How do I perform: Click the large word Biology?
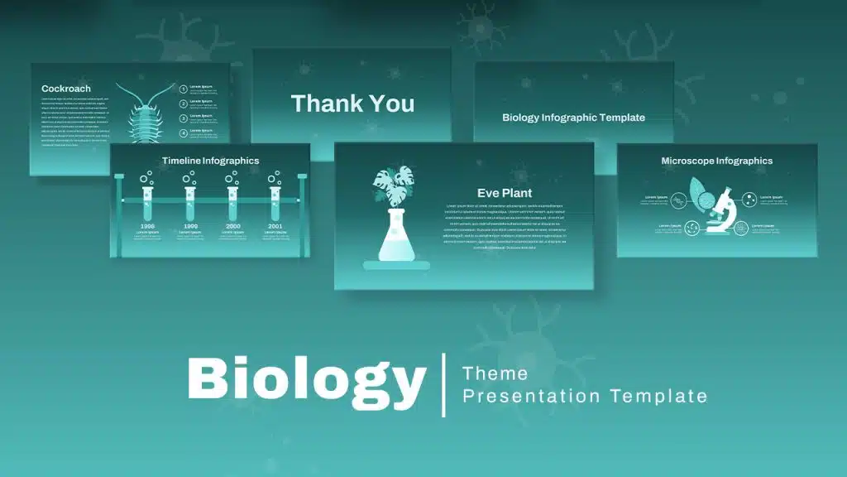pos(306,381)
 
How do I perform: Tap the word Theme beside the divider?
pos(495,373)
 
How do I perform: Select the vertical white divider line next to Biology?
pos(443,384)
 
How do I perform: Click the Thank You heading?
pos(352,104)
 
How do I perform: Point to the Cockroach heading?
pos(66,89)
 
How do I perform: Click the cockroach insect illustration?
pos(145,116)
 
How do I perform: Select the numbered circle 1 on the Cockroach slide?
pos(184,88)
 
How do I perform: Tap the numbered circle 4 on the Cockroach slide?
pos(184,132)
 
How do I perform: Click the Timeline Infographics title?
pos(210,161)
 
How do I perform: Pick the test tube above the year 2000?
pos(232,202)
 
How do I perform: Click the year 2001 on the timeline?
pos(275,226)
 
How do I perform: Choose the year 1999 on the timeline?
pos(190,226)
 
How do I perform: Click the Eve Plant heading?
pos(505,193)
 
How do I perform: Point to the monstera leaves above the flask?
pos(394,185)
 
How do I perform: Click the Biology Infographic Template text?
pos(573,118)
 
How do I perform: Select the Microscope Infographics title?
pos(716,161)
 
